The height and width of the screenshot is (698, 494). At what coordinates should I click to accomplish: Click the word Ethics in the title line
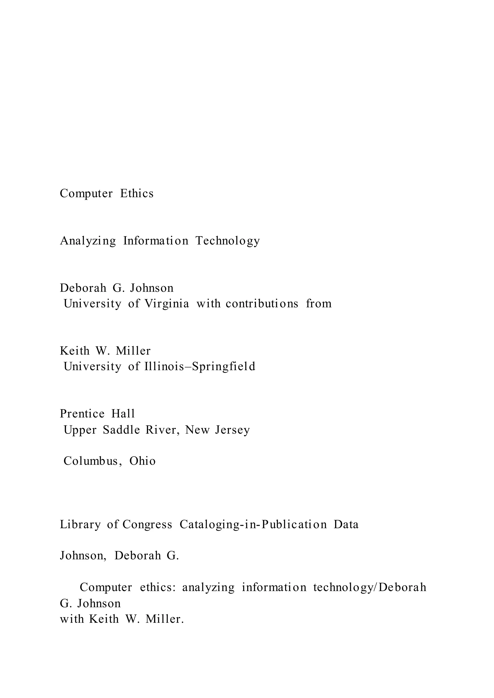click(137, 194)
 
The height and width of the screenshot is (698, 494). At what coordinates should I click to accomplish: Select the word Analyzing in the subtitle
click(88, 241)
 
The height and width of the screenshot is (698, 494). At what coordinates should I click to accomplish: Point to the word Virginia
click(166, 304)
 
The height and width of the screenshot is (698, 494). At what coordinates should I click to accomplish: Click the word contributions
click(262, 304)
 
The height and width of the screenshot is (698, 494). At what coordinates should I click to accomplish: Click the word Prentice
click(82, 414)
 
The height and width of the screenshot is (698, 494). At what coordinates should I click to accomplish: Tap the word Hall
click(123, 414)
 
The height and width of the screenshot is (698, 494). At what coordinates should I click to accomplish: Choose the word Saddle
click(121, 430)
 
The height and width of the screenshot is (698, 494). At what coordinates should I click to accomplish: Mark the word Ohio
click(142, 461)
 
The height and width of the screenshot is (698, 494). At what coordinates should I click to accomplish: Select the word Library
click(80, 524)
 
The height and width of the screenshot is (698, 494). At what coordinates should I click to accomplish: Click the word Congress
click(147, 524)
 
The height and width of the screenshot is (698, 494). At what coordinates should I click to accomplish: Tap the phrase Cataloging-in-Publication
click(253, 524)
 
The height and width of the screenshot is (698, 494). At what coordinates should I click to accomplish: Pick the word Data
click(346, 524)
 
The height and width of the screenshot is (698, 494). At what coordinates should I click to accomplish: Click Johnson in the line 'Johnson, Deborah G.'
click(83, 556)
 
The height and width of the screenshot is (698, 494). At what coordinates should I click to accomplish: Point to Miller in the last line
click(165, 619)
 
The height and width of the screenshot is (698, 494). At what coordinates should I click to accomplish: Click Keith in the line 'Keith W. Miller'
click(75, 351)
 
